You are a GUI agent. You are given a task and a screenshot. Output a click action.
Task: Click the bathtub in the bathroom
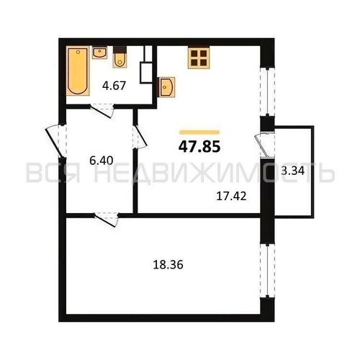[x=78, y=71]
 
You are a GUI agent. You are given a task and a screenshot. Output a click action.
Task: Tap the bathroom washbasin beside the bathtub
[x=99, y=53]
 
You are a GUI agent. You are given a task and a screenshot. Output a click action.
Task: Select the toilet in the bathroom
[x=120, y=57]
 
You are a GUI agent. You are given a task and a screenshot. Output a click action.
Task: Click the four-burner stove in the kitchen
[x=199, y=58]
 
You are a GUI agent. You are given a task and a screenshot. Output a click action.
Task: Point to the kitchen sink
[x=166, y=87]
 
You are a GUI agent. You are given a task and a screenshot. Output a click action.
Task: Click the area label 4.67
[x=114, y=86]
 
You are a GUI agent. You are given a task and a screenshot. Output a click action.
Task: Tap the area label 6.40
[x=102, y=161]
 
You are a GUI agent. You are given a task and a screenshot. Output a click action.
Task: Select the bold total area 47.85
[x=199, y=146]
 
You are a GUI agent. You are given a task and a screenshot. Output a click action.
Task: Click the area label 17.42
[x=231, y=197]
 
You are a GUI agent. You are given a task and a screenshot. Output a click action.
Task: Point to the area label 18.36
[x=168, y=265]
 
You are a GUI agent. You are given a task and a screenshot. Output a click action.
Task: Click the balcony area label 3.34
[x=293, y=171]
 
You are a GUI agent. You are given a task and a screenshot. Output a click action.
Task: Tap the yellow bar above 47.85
[x=199, y=132]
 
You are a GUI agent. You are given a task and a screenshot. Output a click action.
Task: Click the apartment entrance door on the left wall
[x=56, y=140]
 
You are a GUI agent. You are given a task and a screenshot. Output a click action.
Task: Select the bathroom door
[x=102, y=110]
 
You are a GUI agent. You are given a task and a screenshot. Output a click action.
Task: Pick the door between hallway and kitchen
[x=140, y=137]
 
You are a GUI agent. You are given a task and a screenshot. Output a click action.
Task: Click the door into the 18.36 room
[x=107, y=220]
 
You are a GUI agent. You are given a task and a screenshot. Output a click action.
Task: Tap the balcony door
[x=265, y=145]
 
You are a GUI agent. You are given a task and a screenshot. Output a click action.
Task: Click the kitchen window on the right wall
[x=268, y=92]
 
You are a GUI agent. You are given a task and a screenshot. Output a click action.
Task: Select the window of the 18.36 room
[x=268, y=271]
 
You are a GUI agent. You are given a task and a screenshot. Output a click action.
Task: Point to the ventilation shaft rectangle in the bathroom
[x=146, y=73]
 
